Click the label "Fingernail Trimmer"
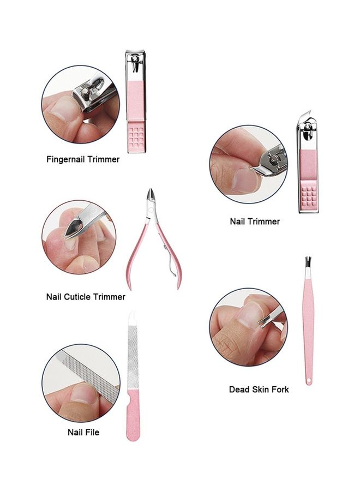coord(82,160)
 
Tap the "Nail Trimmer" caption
coord(255,221)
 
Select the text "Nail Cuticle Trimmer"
coord(86,297)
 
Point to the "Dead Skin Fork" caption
coord(259,390)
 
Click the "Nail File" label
coord(83,432)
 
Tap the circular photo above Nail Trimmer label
coord(248,165)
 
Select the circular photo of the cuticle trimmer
coord(79,236)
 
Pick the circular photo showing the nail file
coord(81,382)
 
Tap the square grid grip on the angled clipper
coord(309,197)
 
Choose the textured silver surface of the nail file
coord(133,355)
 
